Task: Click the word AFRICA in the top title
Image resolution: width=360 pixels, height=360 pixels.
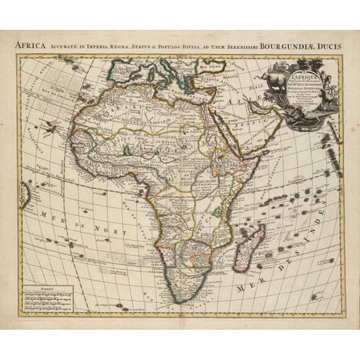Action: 34,44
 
